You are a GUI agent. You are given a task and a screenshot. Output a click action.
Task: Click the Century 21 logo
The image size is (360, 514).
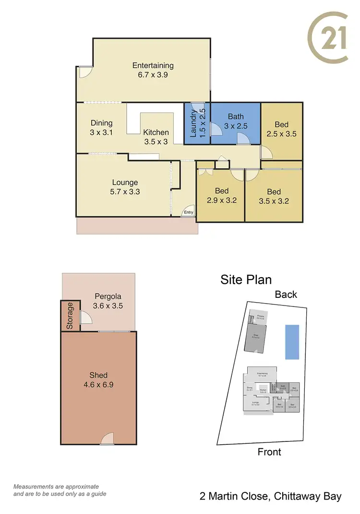pos(328,37)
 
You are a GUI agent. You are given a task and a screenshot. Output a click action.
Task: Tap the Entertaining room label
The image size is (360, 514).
pos(153,66)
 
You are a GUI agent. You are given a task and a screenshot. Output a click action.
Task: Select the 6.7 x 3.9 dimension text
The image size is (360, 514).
pos(153,75)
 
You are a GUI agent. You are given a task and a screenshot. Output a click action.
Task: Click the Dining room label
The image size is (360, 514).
pos(101,123)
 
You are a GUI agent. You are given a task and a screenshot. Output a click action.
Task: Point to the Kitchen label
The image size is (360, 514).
pos(156,133)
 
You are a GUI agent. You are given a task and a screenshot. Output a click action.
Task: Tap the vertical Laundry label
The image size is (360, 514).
pos(193,123)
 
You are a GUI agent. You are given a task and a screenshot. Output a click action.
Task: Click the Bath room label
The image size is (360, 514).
pos(236,116)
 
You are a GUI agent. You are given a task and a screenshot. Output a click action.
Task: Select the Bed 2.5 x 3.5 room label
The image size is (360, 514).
pos(281,125)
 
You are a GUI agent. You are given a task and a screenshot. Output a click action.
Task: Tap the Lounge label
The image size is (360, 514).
pos(125,183)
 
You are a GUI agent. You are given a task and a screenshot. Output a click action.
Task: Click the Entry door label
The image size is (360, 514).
pos(188,212)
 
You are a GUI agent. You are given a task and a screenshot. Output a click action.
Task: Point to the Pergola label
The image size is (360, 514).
pos(107,296)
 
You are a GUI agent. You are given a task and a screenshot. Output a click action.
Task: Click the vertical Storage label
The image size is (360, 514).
pos(70,316)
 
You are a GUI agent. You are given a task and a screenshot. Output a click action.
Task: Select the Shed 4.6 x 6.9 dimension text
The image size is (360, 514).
pos(98,384)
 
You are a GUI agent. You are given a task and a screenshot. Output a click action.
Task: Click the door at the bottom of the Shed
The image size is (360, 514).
pos(108,439)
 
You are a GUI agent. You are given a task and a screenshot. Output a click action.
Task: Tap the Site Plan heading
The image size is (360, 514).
pos(246,280)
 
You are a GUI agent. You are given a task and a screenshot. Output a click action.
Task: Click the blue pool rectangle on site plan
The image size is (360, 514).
pos(292,342)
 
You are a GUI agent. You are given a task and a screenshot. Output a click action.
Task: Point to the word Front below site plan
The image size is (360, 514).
pos(269,452)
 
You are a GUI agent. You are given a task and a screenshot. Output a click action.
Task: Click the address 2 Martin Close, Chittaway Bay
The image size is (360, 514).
pos(270,496)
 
